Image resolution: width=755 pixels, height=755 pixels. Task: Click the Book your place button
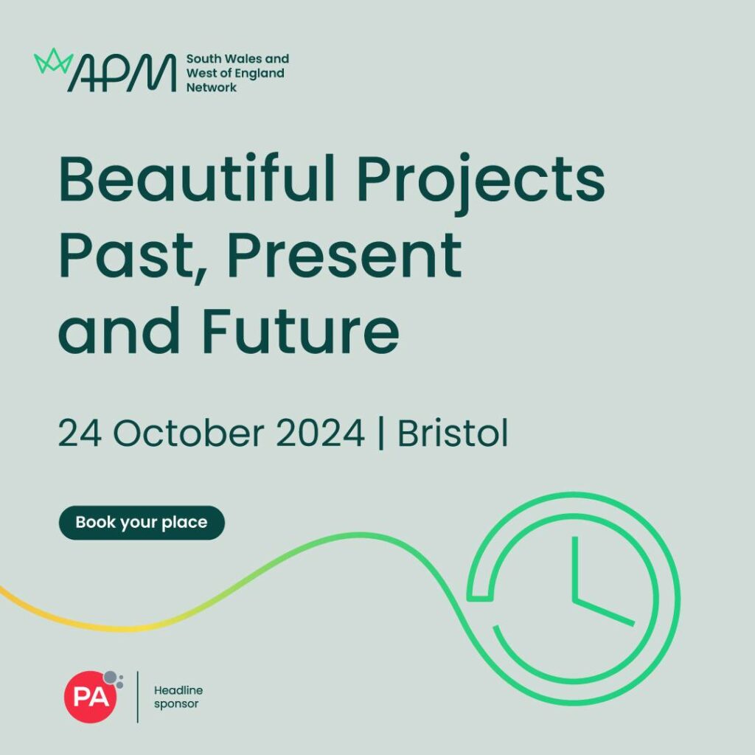coord(142,523)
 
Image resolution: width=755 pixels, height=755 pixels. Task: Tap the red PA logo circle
coord(91,697)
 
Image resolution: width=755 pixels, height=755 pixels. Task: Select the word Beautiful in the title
coord(196,178)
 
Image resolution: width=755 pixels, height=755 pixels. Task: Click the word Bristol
coord(453,432)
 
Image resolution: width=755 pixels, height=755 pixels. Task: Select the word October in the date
coord(189,432)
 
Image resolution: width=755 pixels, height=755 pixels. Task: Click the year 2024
coord(320,433)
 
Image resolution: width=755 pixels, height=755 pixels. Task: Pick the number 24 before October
coord(80,433)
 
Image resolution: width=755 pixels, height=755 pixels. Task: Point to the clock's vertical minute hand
coord(575,568)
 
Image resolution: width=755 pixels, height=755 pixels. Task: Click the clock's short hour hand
coord(604,612)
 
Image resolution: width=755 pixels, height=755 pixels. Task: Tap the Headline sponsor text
coord(178,697)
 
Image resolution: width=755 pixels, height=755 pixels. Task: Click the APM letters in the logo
coord(122,73)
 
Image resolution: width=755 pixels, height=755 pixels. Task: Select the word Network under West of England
coord(212,88)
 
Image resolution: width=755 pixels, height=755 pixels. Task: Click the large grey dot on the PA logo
coord(111,678)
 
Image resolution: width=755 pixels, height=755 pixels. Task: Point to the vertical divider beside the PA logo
coord(138,697)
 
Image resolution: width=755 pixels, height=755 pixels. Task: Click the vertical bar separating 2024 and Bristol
coord(381,433)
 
